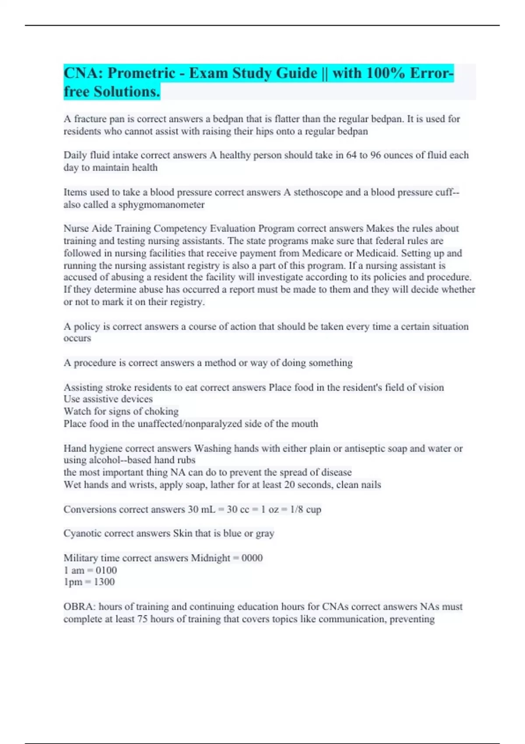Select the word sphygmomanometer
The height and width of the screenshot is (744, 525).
161,205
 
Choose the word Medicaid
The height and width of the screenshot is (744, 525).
376,253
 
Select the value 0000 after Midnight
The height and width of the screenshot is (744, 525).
252,558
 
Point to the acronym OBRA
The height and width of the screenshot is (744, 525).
79,607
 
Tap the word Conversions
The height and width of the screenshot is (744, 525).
90,509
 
